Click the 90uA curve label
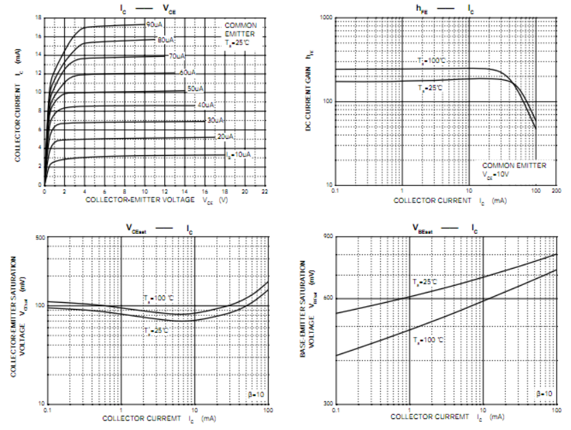coord(153,25)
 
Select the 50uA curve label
coord(195,89)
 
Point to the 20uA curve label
coord(225,137)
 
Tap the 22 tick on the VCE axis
coord(264,192)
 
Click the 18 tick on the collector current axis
coord(38,18)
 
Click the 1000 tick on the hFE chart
coord(325,17)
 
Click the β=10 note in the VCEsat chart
coord(254,394)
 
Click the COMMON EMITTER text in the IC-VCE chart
coord(241,29)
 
